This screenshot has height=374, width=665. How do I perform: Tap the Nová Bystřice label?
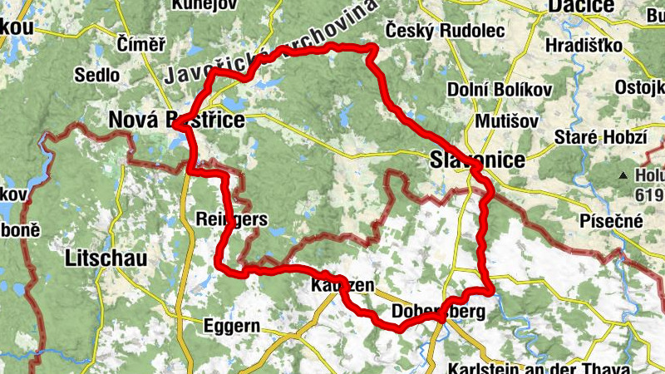point(176,121)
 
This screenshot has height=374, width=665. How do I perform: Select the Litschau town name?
point(106,258)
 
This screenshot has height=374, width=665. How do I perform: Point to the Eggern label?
point(232,325)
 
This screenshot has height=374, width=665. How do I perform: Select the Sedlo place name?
point(96,75)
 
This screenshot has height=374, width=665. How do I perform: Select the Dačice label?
point(580,7)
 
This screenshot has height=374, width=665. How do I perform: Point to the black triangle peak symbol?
point(623,176)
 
